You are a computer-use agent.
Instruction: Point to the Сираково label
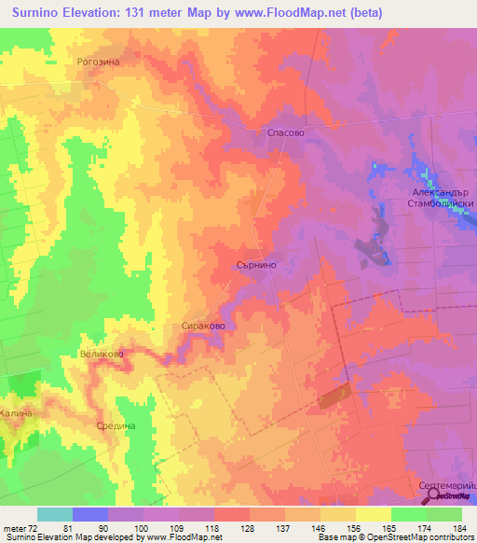click(202, 327)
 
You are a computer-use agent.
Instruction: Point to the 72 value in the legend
click(34, 527)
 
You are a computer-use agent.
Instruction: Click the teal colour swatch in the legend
click(54, 514)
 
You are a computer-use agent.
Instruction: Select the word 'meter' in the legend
click(13, 527)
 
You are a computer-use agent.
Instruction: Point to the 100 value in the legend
click(140, 527)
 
